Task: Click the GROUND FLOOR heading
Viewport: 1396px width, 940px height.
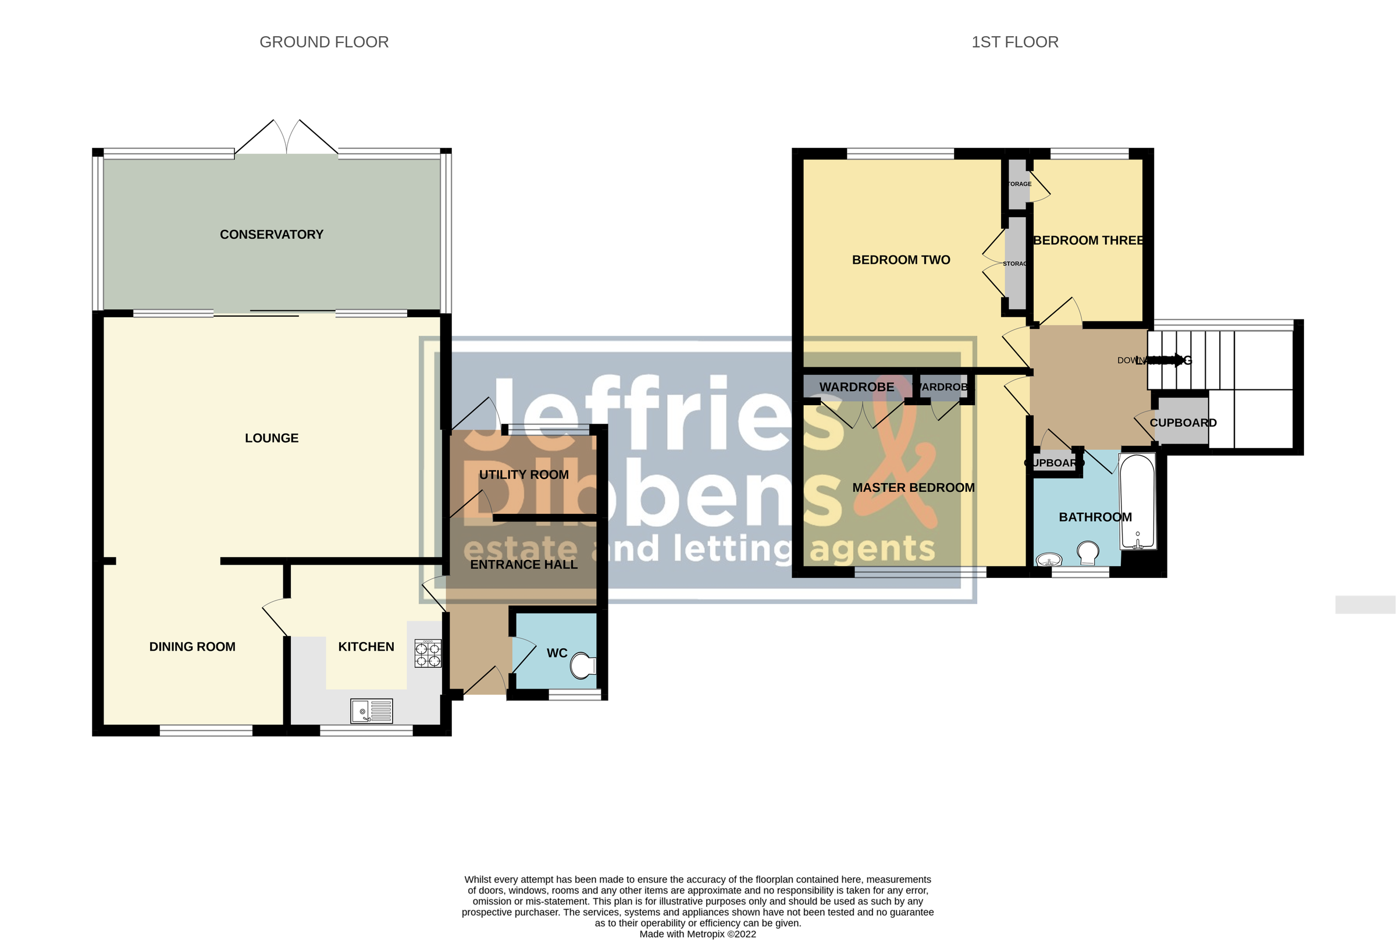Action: click(x=323, y=42)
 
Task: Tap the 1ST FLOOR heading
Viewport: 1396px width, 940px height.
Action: click(x=1014, y=42)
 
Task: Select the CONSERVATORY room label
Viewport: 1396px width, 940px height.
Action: click(x=272, y=235)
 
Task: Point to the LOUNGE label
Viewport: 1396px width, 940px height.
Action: click(x=272, y=438)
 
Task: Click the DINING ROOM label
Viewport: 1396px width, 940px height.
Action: click(x=192, y=647)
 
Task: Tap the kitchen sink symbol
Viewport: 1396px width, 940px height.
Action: click(x=372, y=711)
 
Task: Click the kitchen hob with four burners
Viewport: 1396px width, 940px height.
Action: click(x=428, y=654)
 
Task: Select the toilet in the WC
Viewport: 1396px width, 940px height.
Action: click(x=583, y=665)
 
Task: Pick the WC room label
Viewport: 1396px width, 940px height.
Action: click(x=557, y=653)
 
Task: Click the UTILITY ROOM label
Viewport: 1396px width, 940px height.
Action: click(x=523, y=475)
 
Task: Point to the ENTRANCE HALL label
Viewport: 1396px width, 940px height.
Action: click(x=523, y=565)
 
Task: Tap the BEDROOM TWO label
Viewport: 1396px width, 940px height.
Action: click(x=900, y=260)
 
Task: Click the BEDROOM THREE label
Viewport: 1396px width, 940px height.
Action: click(x=1089, y=240)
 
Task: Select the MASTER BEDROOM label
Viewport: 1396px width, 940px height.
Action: click(x=913, y=488)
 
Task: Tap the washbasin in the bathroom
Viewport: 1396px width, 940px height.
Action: click(x=1049, y=560)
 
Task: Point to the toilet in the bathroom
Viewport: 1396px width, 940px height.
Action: click(x=1088, y=552)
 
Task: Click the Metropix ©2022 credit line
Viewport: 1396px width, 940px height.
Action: click(x=697, y=934)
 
